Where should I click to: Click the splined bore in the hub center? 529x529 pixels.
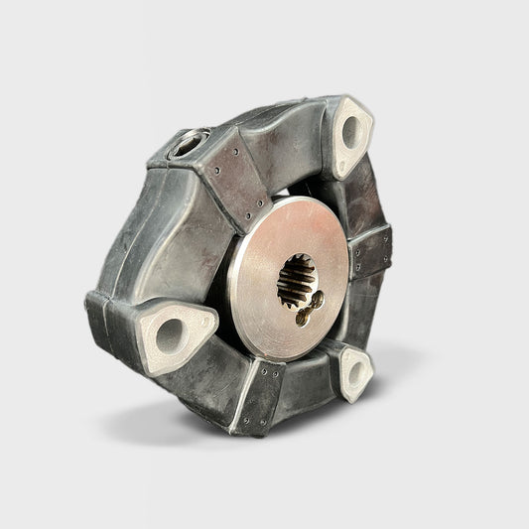[295, 279]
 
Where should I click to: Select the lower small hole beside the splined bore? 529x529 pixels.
[302, 318]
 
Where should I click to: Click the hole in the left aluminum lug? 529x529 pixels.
[170, 334]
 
